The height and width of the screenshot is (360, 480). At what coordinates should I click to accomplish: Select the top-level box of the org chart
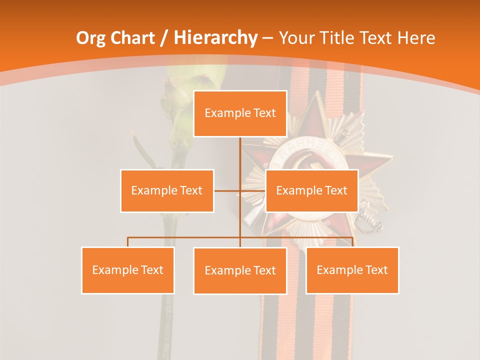[240, 113]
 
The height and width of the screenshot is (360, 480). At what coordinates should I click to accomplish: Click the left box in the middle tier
[167, 190]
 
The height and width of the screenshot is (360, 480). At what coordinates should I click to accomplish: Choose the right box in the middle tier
[311, 190]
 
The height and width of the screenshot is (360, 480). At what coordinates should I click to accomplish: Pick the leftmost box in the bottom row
[128, 270]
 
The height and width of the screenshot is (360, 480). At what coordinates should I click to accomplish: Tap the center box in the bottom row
[240, 270]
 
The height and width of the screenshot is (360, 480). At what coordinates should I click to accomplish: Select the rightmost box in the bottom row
[352, 270]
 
